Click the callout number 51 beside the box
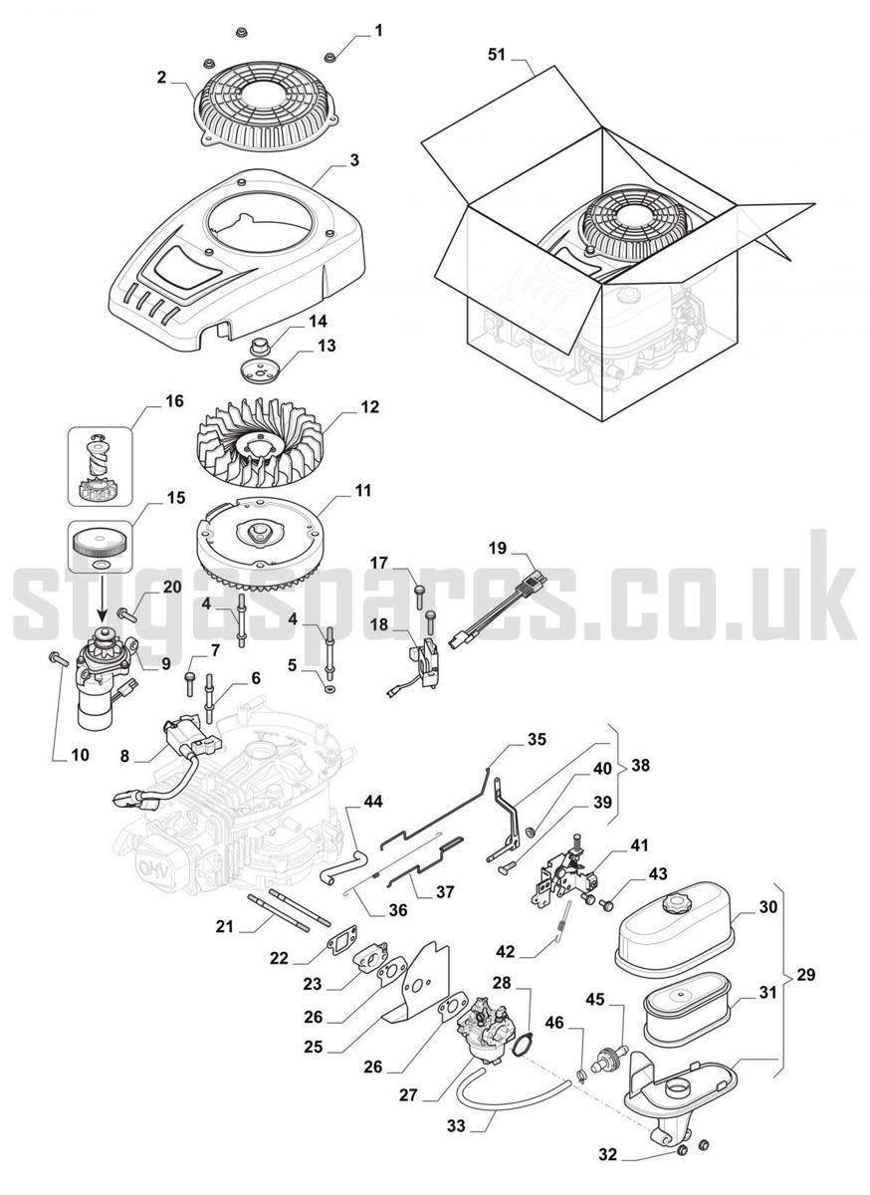496,55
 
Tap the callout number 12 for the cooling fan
369,407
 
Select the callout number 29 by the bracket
805,975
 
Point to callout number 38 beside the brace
640,765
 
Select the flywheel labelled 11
261,539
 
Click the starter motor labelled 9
107,673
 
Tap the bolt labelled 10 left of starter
58,659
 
